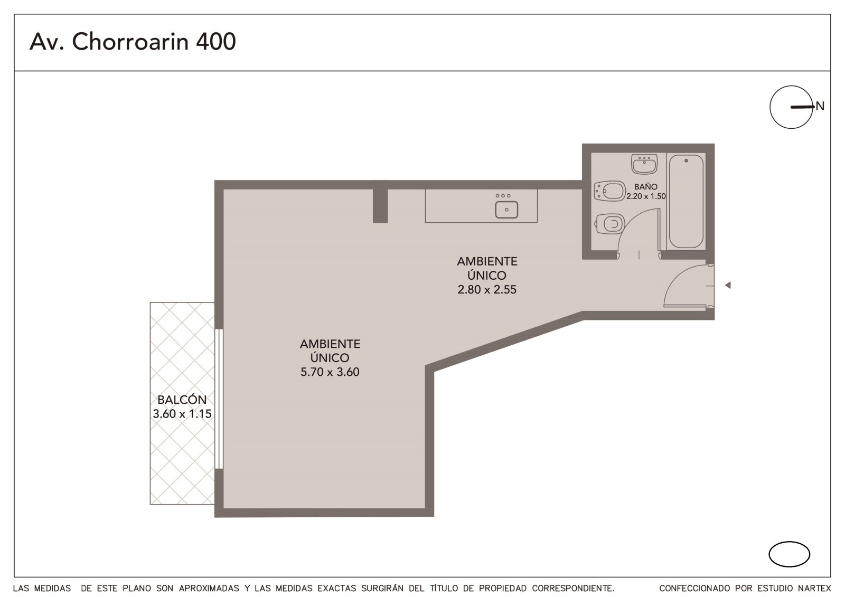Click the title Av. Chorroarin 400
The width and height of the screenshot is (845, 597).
pyautogui.click(x=133, y=42)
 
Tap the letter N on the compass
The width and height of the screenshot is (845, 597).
pyautogui.click(x=820, y=106)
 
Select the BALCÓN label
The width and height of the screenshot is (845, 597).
pyautogui.click(x=182, y=400)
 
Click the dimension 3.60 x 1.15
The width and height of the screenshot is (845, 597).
pyautogui.click(x=182, y=414)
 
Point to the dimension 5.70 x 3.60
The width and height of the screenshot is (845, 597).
pyautogui.click(x=330, y=372)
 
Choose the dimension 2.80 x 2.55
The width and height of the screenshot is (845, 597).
pyautogui.click(x=486, y=289)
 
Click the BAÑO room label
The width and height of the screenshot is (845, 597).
pyautogui.click(x=645, y=186)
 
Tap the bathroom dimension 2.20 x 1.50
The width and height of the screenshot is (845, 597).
pyautogui.click(x=646, y=196)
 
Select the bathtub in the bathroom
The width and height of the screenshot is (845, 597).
pyautogui.click(x=686, y=202)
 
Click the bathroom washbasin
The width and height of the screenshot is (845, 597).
pyautogui.click(x=644, y=165)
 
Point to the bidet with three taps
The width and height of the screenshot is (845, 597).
pyautogui.click(x=609, y=191)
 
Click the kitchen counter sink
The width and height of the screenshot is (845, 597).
pyautogui.click(x=506, y=210)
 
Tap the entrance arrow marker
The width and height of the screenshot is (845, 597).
pyautogui.click(x=728, y=285)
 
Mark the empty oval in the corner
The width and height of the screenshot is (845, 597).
pyautogui.click(x=789, y=554)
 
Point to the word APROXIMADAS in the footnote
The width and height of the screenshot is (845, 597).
pyautogui.click(x=209, y=589)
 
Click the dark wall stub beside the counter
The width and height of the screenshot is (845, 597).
pyautogui.click(x=380, y=206)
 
